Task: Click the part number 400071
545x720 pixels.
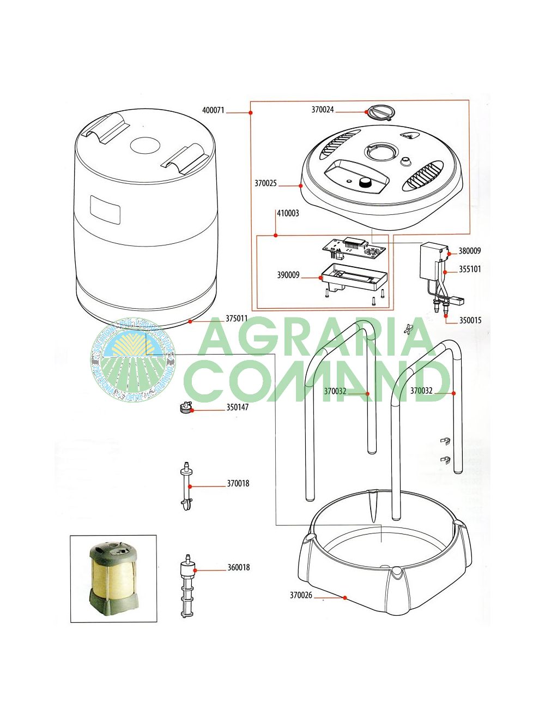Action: [213, 110]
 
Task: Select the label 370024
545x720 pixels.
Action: [323, 110]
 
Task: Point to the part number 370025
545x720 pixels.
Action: [265, 183]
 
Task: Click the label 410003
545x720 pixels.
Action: [288, 213]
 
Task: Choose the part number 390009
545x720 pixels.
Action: [288, 275]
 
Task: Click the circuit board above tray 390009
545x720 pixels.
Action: [355, 248]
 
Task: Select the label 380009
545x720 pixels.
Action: [469, 251]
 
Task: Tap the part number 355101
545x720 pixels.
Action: [470, 269]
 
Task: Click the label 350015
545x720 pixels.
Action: [470, 320]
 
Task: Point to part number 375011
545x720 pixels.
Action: [237, 319]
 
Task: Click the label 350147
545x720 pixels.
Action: [238, 407]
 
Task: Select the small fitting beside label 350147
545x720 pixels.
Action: [186, 407]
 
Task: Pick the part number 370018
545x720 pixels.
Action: [238, 483]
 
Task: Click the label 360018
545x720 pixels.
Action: [239, 567]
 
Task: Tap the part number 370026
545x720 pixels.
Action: [301, 595]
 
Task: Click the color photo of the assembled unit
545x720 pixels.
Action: [113, 578]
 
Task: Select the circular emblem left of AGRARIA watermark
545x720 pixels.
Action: [133, 361]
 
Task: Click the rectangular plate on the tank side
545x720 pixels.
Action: [105, 210]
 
